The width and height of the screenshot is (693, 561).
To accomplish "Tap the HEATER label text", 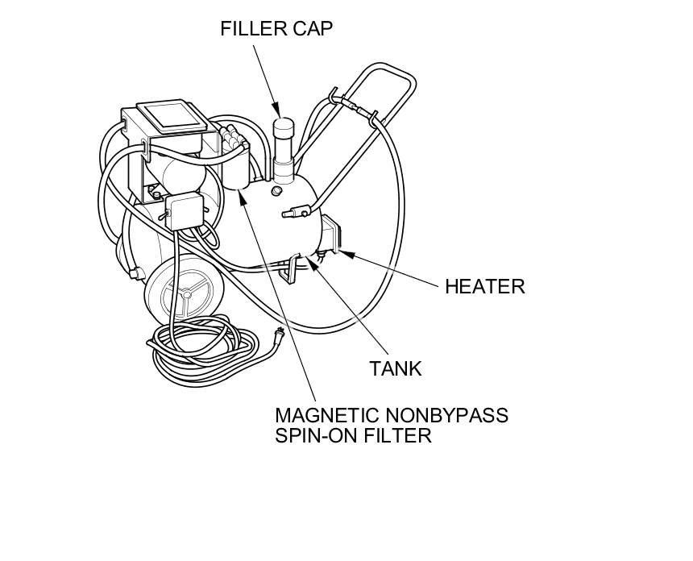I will (x=484, y=286).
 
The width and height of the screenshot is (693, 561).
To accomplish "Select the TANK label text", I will (x=396, y=369).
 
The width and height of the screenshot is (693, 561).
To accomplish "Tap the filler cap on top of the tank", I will (x=284, y=131).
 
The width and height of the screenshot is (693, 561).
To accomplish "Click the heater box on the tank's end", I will (x=333, y=235).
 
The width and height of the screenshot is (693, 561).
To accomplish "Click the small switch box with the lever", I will (x=182, y=210).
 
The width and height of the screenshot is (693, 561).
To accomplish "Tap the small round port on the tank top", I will (x=276, y=191).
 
